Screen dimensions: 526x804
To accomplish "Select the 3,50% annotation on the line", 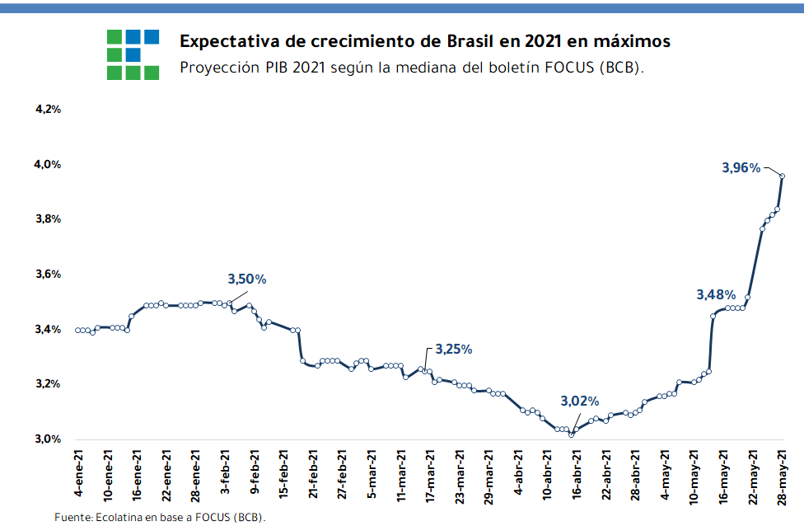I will click(246, 279).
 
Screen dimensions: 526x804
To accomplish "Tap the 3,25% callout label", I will click(453, 349).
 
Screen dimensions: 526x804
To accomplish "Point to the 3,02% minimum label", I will click(579, 402).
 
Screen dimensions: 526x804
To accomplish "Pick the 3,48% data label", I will click(716, 294).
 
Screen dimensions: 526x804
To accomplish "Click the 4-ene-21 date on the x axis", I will click(78, 474).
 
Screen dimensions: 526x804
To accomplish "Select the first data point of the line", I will click(77, 331).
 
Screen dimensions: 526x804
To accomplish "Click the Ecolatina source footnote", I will click(160, 517).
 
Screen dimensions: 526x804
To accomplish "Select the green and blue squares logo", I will click(133, 54).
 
